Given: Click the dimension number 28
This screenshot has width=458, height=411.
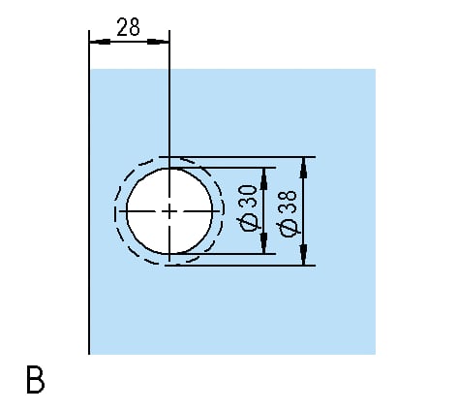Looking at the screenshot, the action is (x=129, y=27).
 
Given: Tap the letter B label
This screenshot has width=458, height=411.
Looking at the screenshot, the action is (x=35, y=379).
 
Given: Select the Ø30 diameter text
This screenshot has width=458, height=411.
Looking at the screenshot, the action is (x=249, y=208).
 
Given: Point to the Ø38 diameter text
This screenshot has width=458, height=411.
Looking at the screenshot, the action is (x=287, y=213).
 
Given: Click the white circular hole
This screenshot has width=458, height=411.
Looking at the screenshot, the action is (x=169, y=210).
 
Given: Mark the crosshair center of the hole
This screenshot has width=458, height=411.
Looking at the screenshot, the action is (x=169, y=211).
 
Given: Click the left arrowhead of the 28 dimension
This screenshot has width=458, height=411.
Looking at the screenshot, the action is (x=100, y=42).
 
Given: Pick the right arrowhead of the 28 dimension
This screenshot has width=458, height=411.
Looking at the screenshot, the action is (x=158, y=42).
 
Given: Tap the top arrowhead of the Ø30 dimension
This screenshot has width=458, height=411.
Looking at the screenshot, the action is (x=264, y=178).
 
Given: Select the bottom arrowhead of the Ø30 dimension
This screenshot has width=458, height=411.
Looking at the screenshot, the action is (x=264, y=243).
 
